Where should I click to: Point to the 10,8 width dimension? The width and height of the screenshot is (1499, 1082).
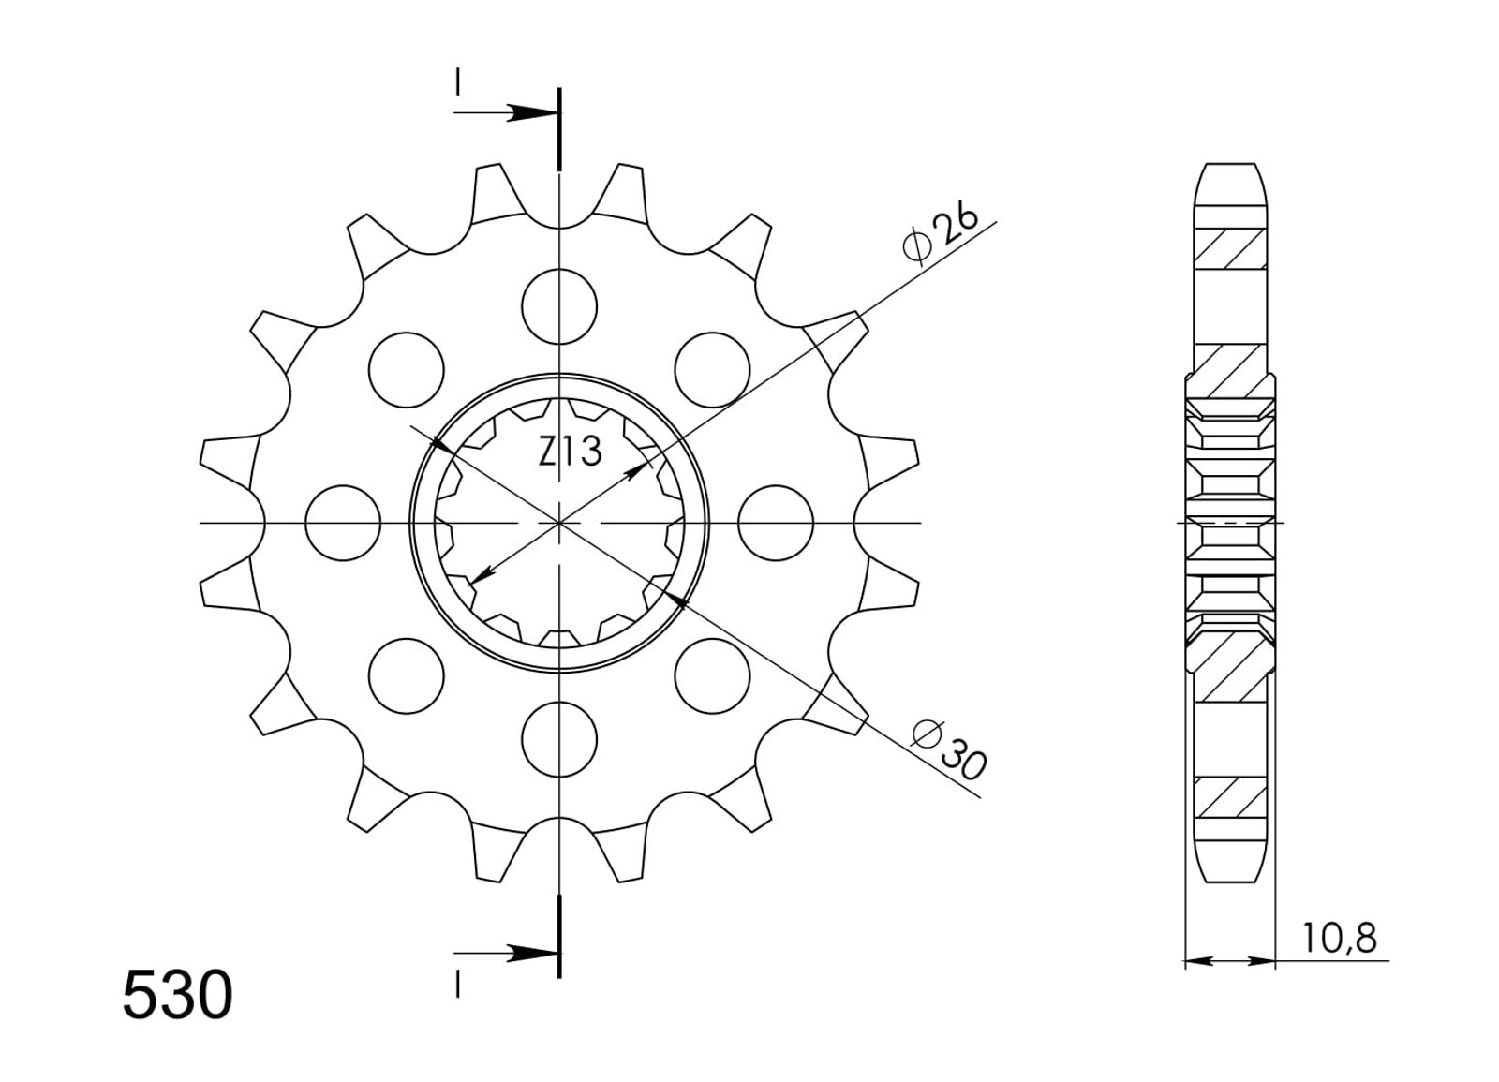pos(1339,938)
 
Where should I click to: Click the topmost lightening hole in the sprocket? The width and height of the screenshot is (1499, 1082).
pos(559,306)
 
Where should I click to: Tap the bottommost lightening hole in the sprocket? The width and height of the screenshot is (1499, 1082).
pos(559,739)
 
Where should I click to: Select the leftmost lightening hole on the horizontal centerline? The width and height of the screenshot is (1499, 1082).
pos(343,523)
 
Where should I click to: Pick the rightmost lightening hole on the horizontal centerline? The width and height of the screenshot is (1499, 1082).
pos(777,523)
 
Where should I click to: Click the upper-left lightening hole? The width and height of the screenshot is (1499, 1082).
pos(407,369)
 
